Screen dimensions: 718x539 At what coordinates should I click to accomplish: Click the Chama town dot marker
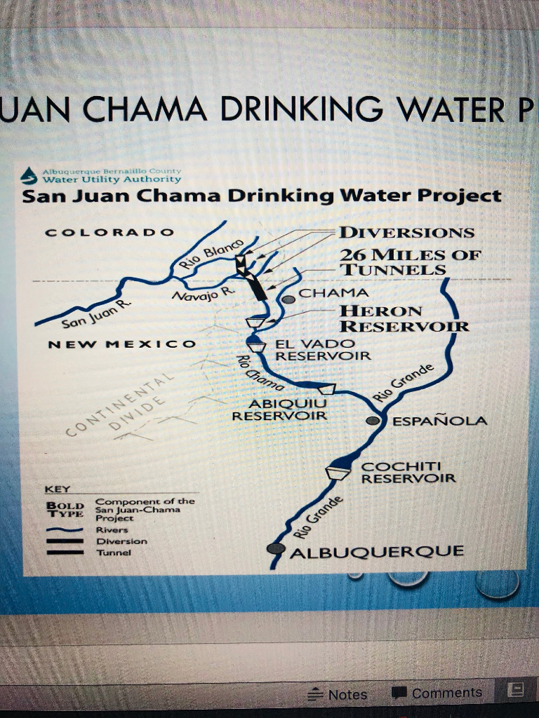(x=288, y=299)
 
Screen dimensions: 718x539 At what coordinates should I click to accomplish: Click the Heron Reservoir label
(x=404, y=318)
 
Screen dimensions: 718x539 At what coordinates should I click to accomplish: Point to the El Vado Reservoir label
(x=322, y=350)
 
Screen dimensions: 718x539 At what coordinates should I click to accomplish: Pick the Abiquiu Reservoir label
(x=279, y=409)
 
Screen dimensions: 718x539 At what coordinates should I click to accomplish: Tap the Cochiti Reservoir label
(x=408, y=472)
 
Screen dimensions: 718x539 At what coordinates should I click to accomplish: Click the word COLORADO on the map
(x=109, y=232)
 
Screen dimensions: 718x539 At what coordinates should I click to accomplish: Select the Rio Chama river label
(x=259, y=372)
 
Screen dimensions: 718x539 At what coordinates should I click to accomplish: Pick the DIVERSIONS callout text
(x=406, y=232)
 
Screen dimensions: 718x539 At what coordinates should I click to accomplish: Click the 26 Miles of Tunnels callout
(x=410, y=262)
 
